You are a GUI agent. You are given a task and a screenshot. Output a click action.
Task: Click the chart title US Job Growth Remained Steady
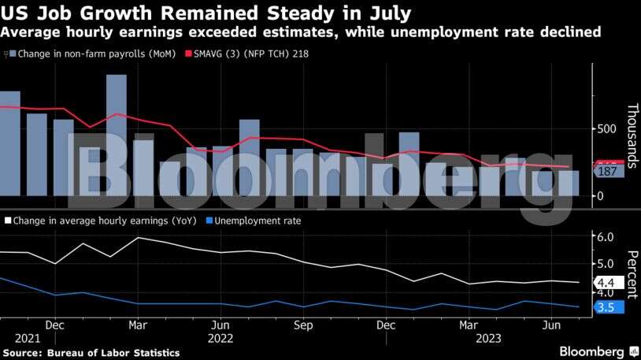(206, 13)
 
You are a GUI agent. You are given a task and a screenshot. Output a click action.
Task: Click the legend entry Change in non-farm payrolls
(91, 54)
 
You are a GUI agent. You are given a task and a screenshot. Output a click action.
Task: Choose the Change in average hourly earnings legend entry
(102, 221)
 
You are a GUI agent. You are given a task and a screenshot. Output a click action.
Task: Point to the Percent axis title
(632, 272)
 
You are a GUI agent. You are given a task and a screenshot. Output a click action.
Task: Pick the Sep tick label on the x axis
(303, 325)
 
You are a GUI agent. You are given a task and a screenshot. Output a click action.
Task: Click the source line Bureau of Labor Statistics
(92, 353)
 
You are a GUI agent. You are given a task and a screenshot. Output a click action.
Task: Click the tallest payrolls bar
(117, 135)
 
